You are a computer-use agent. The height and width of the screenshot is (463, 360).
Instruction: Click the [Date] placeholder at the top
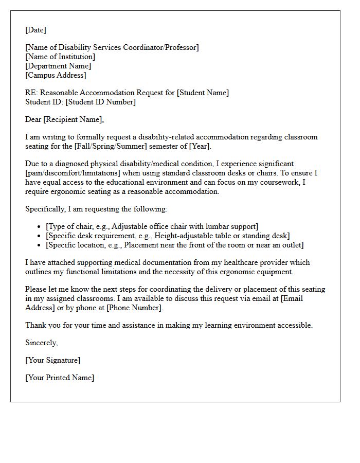[35, 30]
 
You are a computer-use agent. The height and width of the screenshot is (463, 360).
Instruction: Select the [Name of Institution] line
[60, 57]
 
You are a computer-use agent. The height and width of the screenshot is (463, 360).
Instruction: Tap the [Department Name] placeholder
[58, 66]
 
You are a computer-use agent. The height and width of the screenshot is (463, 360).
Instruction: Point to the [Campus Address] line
[56, 75]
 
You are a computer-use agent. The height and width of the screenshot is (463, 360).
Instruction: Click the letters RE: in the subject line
[31, 93]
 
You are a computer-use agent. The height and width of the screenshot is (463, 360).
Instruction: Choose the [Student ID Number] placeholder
[101, 102]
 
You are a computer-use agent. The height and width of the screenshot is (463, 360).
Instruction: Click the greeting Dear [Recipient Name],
[64, 119]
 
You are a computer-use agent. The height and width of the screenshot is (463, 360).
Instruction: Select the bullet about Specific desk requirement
[168, 236]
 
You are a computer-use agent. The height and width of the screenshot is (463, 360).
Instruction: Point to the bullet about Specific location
[175, 245]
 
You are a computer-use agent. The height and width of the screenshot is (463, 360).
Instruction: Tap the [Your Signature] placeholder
[53, 360]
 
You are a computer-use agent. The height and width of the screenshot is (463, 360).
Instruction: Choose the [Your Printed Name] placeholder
[60, 378]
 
